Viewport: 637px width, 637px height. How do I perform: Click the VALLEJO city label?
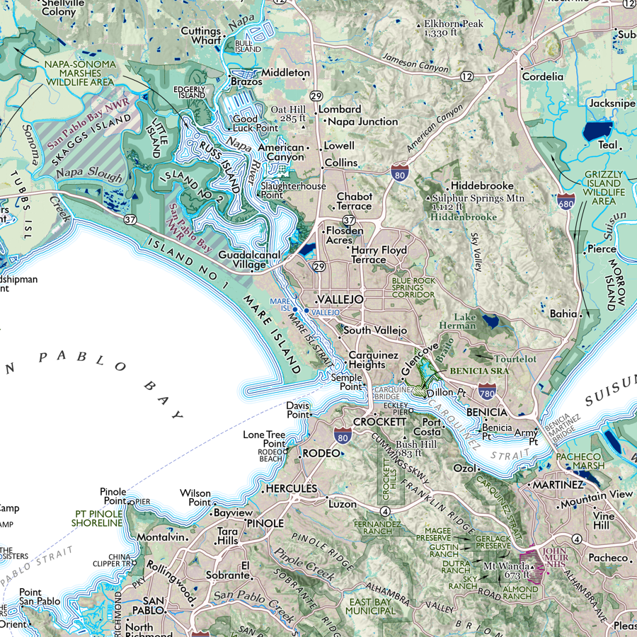pyautogui.click(x=340, y=299)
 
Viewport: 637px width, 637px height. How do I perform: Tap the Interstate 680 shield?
pyautogui.click(x=566, y=202)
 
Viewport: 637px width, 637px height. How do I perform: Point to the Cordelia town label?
pyautogui.click(x=543, y=76)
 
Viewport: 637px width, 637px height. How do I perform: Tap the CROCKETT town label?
pyautogui.click(x=379, y=421)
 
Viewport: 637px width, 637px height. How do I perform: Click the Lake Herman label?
pyautogui.click(x=465, y=321)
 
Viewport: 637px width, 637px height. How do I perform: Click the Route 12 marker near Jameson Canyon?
pyautogui.click(x=466, y=75)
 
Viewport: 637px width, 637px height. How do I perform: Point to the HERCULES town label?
pyautogui.click(x=291, y=488)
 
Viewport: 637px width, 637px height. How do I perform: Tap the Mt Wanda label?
pyautogui.click(x=507, y=567)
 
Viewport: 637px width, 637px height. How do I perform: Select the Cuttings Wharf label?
pyautogui.click(x=201, y=35)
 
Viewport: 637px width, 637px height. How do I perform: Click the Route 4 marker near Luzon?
pyautogui.click(x=384, y=510)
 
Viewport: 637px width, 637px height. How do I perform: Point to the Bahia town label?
pyautogui.click(x=563, y=312)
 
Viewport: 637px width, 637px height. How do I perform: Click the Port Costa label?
pyautogui.click(x=432, y=427)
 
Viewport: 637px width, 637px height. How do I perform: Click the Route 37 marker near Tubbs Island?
pyautogui.click(x=130, y=220)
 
